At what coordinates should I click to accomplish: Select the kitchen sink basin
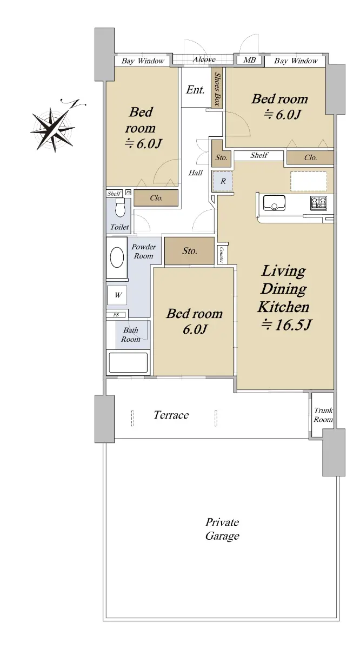[274, 202]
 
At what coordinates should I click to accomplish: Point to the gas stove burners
[318, 203]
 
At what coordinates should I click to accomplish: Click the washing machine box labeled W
[117, 295]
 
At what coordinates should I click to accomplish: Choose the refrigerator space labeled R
[222, 181]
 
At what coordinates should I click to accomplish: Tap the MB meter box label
[249, 60]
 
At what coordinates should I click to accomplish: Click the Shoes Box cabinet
[217, 88]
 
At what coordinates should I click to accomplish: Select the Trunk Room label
[323, 415]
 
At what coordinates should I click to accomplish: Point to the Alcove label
[204, 59]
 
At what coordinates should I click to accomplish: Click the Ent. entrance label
[195, 90]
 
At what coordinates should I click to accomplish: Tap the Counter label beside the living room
[222, 255]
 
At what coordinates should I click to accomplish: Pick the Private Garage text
[222, 529]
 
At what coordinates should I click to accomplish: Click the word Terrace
[171, 415]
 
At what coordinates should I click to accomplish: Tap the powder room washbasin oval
[117, 257]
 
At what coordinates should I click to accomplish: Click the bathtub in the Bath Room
[128, 362]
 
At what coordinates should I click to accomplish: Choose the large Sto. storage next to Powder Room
[189, 251]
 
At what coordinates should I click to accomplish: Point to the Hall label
[196, 173]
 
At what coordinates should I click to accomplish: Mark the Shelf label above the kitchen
[259, 155]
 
